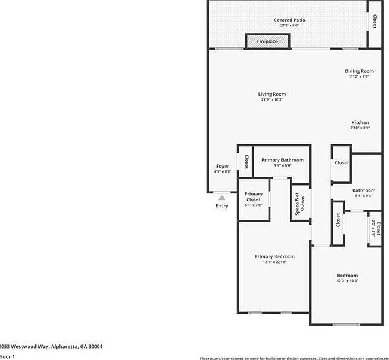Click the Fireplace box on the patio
click(x=267, y=41)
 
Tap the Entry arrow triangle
click(x=222, y=197)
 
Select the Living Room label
click(x=272, y=94)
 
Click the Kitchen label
click(x=360, y=122)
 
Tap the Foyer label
click(x=222, y=166)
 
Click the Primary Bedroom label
click(x=275, y=256)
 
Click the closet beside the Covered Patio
click(x=375, y=22)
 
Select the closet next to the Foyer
click(x=245, y=162)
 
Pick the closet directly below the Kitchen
click(x=342, y=163)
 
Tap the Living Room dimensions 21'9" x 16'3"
click(x=272, y=99)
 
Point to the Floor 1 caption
click(x=7, y=356)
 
